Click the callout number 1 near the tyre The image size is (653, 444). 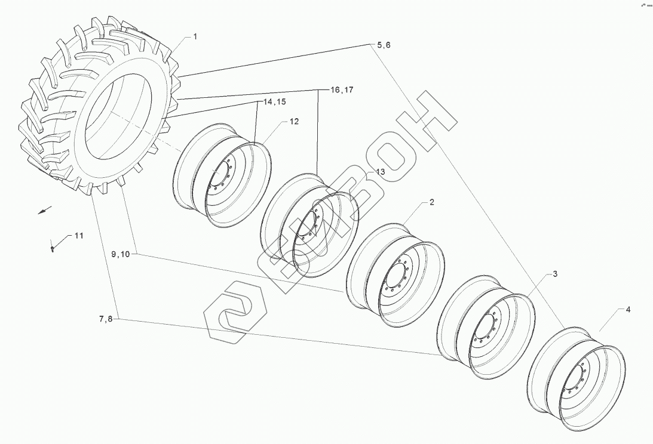click(x=195, y=36)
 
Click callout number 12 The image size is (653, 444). click(x=294, y=121)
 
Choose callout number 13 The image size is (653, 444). click(x=380, y=171)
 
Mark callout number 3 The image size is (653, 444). click(x=554, y=274)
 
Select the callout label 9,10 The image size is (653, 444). click(x=121, y=254)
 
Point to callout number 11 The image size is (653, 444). click(x=79, y=236)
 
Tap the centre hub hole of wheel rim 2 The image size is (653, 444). click(x=397, y=277)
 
